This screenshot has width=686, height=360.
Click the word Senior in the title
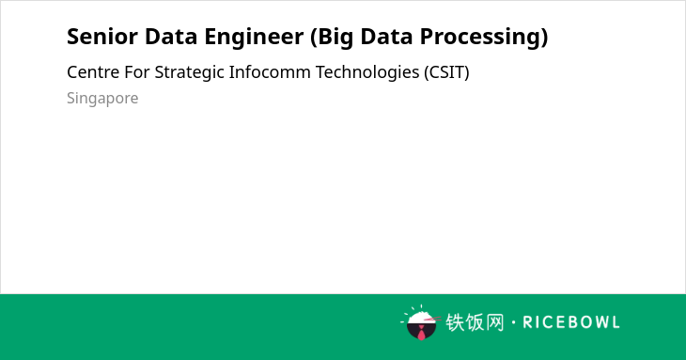[x=101, y=37]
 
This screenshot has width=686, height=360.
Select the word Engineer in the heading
[x=254, y=38]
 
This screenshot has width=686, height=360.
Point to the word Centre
[x=93, y=72]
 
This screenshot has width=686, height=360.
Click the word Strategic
[x=190, y=73]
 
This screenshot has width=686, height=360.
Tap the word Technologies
[x=367, y=73]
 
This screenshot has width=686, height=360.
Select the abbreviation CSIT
[x=446, y=72]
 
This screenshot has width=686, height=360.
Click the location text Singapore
[x=102, y=99]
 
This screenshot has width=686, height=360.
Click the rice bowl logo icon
[x=421, y=322]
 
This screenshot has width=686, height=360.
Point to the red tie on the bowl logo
[x=421, y=334]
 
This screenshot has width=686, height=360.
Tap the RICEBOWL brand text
[x=571, y=322]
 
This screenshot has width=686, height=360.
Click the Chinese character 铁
[x=455, y=322]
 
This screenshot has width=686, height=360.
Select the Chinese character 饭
[x=475, y=322]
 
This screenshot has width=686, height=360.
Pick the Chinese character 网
[x=494, y=322]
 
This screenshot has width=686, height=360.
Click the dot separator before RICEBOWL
[x=513, y=322]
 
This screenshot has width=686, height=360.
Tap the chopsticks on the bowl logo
[x=432, y=319]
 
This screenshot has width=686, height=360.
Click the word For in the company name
[x=137, y=72]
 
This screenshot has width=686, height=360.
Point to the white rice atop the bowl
[x=420, y=317]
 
